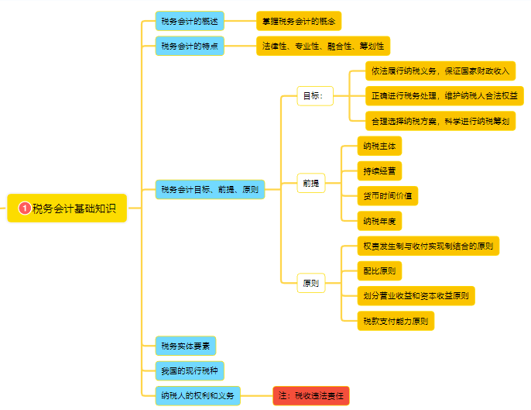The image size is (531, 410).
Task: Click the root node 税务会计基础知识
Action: point(67,208)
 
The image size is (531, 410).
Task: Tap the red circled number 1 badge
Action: point(25,208)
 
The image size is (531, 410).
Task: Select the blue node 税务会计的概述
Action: point(190,21)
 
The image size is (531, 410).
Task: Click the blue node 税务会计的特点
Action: point(190,46)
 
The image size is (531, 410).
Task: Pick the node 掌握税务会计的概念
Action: point(299,21)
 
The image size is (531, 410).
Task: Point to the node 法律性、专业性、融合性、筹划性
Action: point(324,46)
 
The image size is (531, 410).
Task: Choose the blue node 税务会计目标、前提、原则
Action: point(210,189)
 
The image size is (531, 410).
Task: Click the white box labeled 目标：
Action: point(315,96)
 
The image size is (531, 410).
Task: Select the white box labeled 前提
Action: point(311,184)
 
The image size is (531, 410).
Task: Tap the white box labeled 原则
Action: point(311,283)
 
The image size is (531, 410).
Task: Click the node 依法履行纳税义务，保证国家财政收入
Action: point(440,71)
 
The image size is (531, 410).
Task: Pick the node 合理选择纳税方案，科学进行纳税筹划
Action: point(440,121)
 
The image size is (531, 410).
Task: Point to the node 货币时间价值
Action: point(387,195)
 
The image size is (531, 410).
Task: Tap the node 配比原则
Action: point(379,270)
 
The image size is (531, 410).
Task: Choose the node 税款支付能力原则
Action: point(395,320)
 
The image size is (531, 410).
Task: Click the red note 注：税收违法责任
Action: point(311,395)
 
